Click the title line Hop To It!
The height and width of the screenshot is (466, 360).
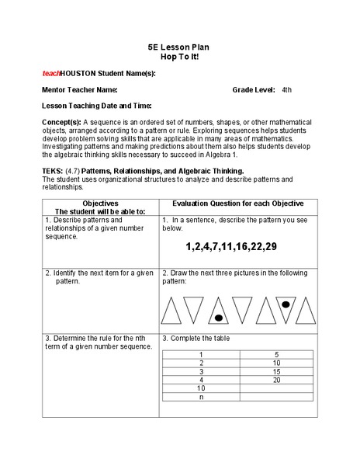click(180, 57)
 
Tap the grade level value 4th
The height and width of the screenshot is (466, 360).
click(287, 90)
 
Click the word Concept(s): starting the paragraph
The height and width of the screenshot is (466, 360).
click(61, 123)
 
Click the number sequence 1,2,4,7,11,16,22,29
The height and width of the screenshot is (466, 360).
click(231, 246)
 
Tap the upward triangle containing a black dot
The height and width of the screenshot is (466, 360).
click(220, 311)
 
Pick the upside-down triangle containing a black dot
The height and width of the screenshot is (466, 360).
click(287, 308)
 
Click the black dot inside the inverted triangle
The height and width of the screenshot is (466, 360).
click(286, 304)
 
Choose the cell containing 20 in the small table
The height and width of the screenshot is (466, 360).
click(276, 379)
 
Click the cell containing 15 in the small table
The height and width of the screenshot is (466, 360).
click(276, 370)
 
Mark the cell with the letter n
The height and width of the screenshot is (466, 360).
click(201, 396)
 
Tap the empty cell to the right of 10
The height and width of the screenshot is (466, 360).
click(276, 388)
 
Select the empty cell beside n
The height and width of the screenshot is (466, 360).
click(276, 396)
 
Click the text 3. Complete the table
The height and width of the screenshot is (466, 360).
click(196, 339)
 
